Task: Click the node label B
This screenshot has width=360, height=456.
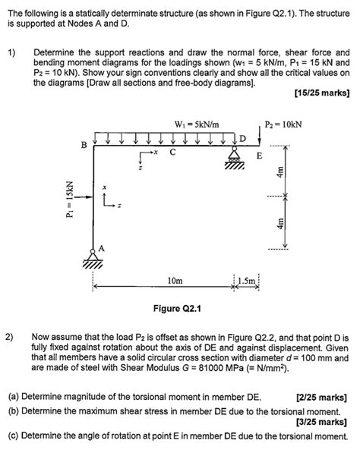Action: pos(84,145)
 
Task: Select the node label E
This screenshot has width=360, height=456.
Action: pos(259,156)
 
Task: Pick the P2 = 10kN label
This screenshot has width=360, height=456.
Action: pos(283,124)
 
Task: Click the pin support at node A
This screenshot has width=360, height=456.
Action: pos(94,260)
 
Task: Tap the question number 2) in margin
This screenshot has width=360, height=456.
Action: pos(10,333)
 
